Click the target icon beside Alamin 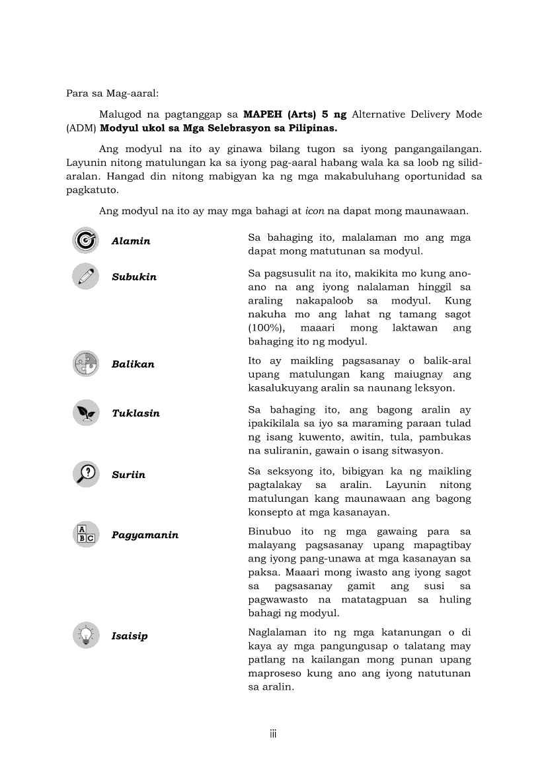tap(85, 240)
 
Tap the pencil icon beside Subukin tap(85, 276)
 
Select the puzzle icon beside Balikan tap(85, 364)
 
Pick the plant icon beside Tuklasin tap(85, 413)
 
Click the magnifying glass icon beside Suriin tap(85, 474)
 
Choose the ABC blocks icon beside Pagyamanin tap(85, 534)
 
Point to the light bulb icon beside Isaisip tap(85, 635)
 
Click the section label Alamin tap(131, 241)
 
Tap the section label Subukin tap(134, 277)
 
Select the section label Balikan tap(133, 364)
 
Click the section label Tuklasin tap(136, 413)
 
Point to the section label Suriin tap(128, 475)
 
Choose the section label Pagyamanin tap(145, 535)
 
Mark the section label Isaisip tap(130, 636)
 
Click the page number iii tap(272, 734)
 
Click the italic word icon tap(314, 212)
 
